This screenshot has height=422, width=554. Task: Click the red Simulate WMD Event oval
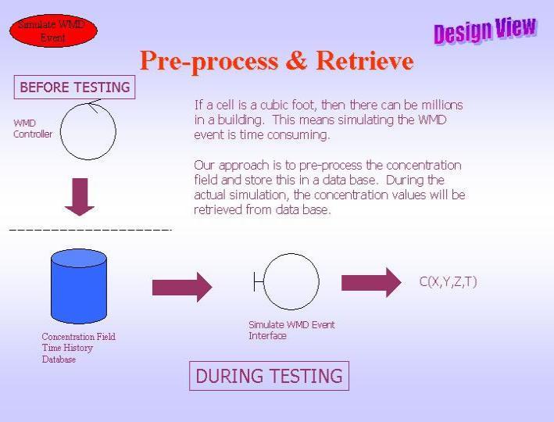[x=53, y=30]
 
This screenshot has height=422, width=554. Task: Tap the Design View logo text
[x=485, y=30]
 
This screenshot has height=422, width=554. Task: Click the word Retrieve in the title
[x=365, y=60]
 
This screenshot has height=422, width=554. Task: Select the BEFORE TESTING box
[x=74, y=87]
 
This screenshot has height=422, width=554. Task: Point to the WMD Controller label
[x=33, y=129]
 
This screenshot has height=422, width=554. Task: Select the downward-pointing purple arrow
[x=80, y=197]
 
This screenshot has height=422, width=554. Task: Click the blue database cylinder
[x=79, y=286]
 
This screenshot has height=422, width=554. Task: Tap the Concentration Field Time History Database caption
[x=78, y=348]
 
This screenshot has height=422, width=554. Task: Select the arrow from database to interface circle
[x=182, y=287]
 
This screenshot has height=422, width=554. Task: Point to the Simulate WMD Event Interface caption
[x=291, y=330]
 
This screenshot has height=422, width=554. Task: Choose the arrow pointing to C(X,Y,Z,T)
[x=371, y=282]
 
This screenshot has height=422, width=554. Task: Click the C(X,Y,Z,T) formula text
[x=448, y=281]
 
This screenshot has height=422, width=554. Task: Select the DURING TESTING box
[x=270, y=376]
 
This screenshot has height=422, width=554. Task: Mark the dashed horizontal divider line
[x=91, y=230]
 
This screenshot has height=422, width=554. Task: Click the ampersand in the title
[x=297, y=60]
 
